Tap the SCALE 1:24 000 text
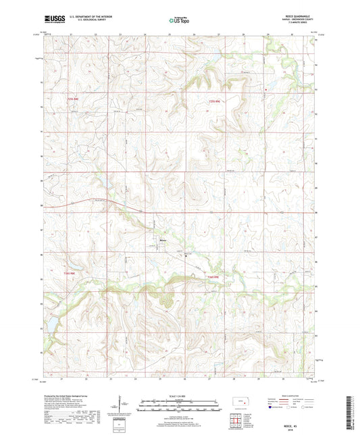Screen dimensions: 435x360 179,395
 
